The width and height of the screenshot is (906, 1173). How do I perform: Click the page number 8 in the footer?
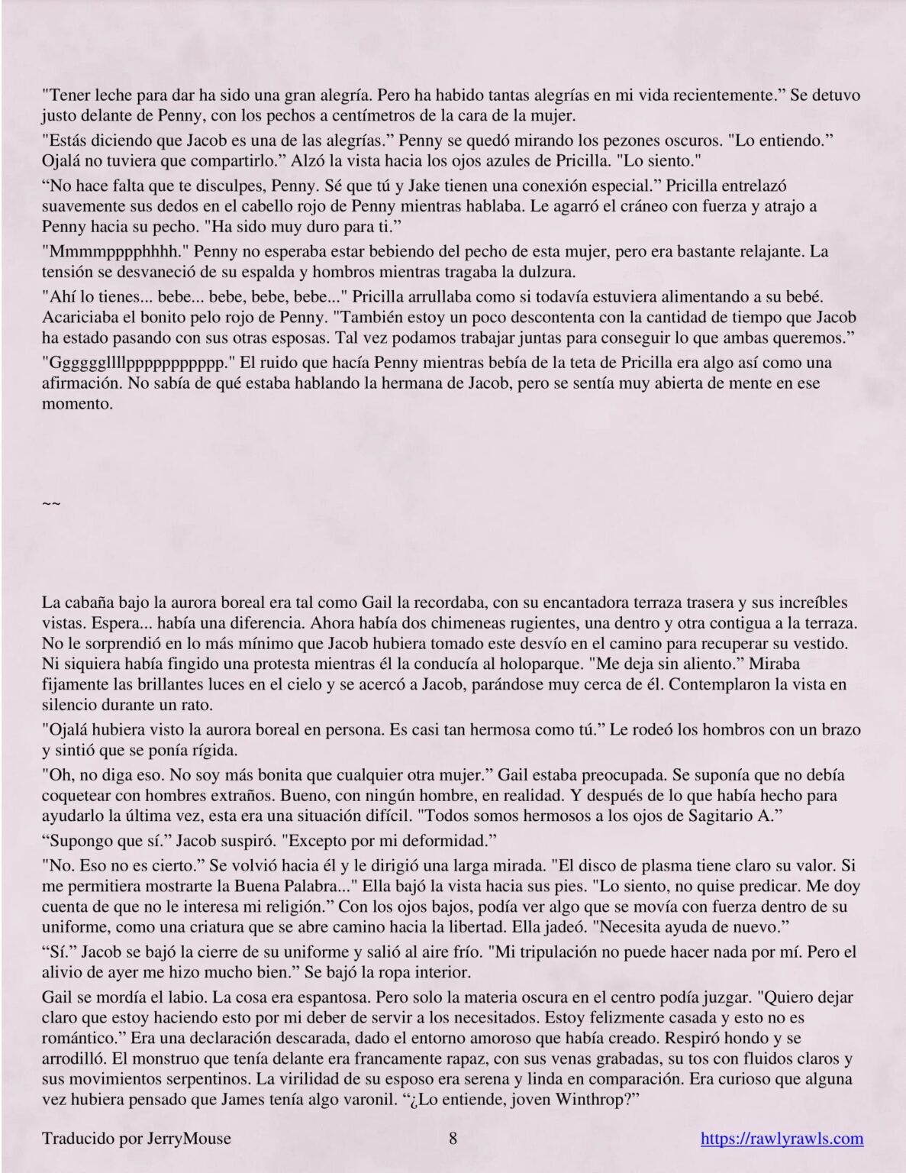453,1139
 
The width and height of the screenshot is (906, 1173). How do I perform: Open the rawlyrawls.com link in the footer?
782,1139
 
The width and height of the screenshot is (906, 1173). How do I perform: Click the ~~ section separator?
50,503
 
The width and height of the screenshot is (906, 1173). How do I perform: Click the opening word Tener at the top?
65,96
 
